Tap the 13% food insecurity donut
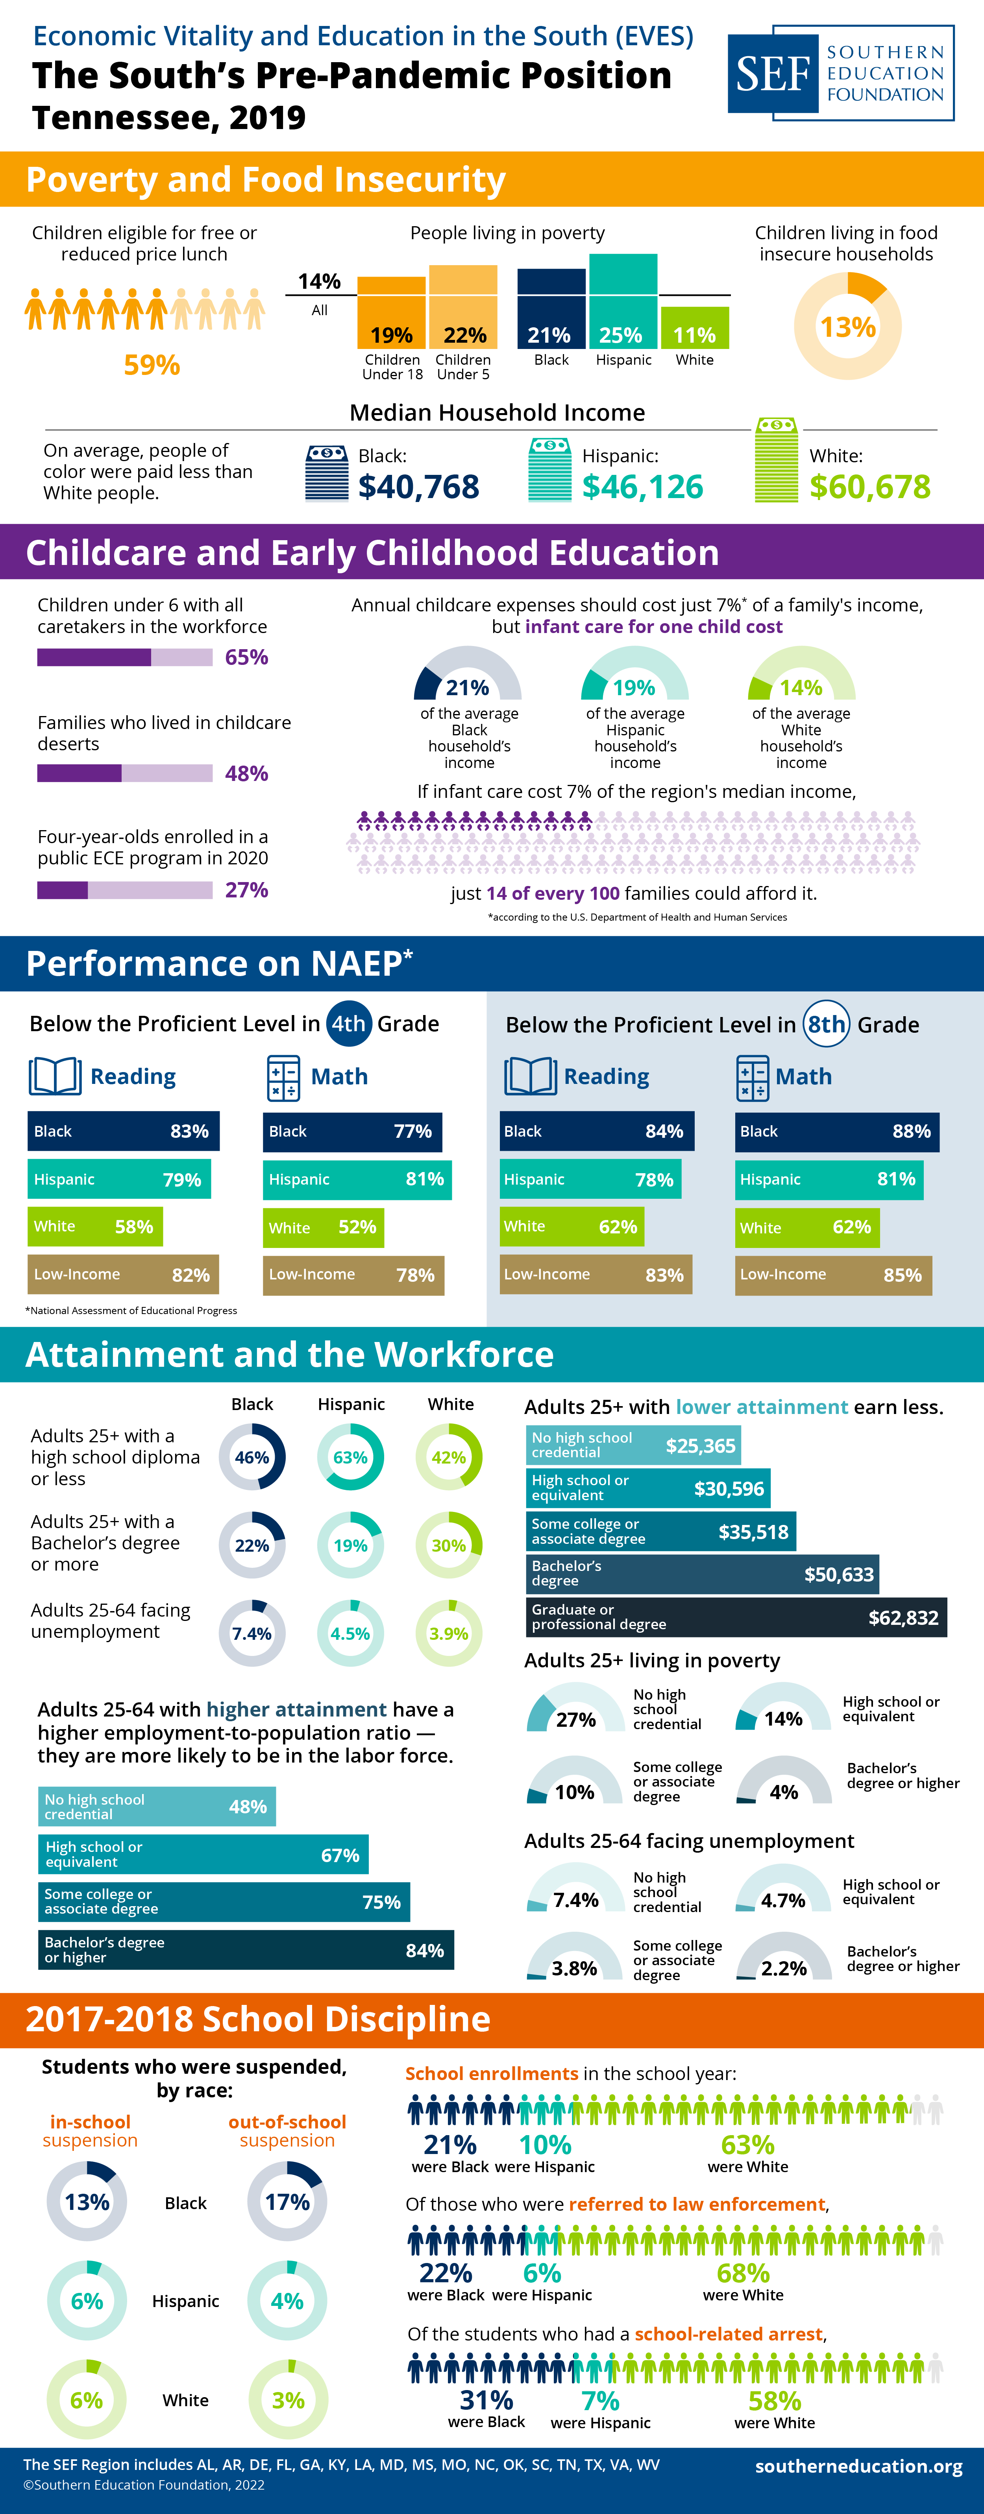(x=847, y=326)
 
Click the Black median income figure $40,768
(x=419, y=486)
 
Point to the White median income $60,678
(x=870, y=486)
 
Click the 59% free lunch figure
(x=151, y=365)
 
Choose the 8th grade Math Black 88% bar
(x=836, y=1131)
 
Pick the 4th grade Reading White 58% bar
(x=95, y=1227)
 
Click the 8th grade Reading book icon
(x=530, y=1076)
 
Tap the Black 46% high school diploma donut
(x=252, y=1457)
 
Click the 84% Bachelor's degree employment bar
(x=246, y=1950)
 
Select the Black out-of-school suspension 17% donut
(x=287, y=2202)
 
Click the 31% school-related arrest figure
(x=486, y=2400)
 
